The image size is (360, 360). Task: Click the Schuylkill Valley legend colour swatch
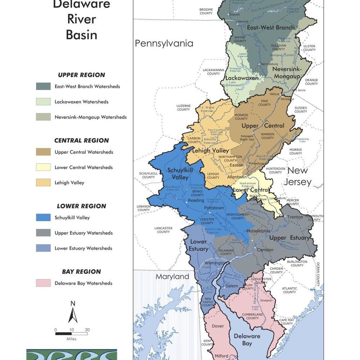point(43,217)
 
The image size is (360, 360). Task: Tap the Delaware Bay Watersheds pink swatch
point(43,283)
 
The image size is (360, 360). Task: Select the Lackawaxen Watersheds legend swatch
point(43,101)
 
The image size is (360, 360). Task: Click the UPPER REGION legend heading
point(81,75)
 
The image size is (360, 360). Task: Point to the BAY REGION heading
point(81,271)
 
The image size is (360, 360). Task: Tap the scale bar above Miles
point(71,333)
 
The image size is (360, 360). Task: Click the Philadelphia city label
point(258,231)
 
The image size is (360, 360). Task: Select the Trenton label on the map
point(295,217)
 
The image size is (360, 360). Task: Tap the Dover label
point(218,326)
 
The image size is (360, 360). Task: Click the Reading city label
point(196,200)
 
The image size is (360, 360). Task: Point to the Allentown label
point(237,177)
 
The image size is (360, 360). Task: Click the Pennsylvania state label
point(164,43)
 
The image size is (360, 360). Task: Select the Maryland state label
point(172,276)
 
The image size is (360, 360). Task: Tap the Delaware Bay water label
point(247,340)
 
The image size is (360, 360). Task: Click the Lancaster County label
point(163,230)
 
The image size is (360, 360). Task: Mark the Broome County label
point(206,11)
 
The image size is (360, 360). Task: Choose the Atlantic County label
point(289,290)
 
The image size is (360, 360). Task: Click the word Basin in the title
point(82,35)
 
